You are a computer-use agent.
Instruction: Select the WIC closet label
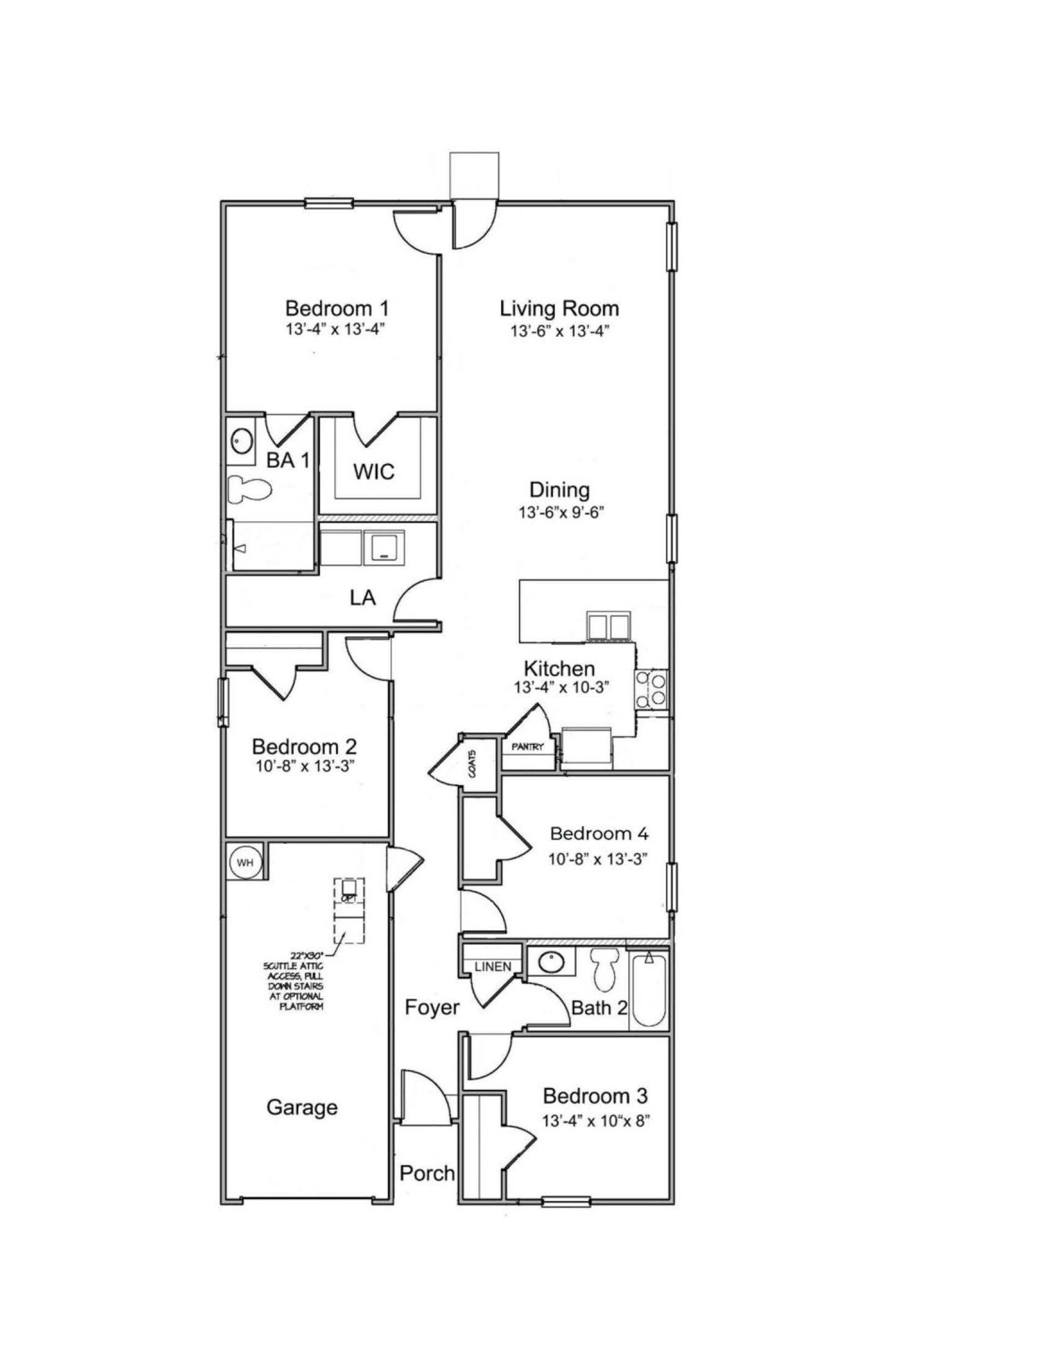coord(374,471)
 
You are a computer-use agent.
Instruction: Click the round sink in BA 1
coord(241,442)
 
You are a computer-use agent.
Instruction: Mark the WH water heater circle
coord(245,863)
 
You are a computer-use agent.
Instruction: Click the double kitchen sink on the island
coord(608,626)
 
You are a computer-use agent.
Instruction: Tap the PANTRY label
coord(528,747)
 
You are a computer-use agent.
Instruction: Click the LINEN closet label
coord(493,967)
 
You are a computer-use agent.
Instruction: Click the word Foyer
coord(432,1007)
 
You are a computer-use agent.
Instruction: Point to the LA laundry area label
coord(363,597)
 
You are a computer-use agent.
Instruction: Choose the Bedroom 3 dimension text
coord(596,1121)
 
